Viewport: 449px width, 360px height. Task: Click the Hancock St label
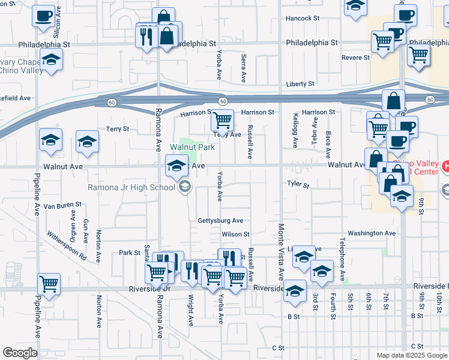[x=303, y=19]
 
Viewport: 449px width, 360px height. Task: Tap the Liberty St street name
[x=300, y=85]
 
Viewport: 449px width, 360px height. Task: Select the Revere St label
[x=355, y=58]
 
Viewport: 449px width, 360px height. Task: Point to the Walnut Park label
[x=192, y=147]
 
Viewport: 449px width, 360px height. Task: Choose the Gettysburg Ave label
[x=220, y=221]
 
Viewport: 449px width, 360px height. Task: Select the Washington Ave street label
[x=372, y=233]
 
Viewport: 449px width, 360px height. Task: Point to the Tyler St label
[x=298, y=185]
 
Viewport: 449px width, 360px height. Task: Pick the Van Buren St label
[x=62, y=205]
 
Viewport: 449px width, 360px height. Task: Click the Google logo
[x=20, y=352]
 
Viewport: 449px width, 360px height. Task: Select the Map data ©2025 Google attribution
[x=411, y=355]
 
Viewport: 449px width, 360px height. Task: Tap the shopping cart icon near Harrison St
[x=222, y=121]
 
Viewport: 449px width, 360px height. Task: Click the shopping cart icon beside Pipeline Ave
[x=49, y=283]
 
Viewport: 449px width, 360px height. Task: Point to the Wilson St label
[x=235, y=234]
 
